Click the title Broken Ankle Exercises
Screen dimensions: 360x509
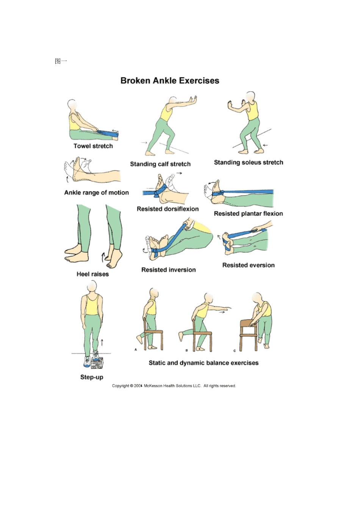[x=170, y=80]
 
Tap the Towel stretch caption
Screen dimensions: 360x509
[x=93, y=146]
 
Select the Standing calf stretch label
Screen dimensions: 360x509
[x=160, y=164]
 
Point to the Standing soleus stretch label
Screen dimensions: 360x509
[x=249, y=162]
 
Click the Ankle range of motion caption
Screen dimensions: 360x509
[x=96, y=192]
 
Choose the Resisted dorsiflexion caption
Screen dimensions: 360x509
[x=167, y=209]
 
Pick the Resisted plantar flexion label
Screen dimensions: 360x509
[x=248, y=214]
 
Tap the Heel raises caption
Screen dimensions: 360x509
[x=92, y=274]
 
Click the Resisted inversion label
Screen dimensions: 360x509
[x=169, y=270]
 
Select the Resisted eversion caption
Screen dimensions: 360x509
[x=248, y=265]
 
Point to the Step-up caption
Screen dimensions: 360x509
[x=92, y=377]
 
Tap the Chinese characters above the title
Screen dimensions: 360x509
[x=61, y=61]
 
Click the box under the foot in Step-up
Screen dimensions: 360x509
[x=97, y=363]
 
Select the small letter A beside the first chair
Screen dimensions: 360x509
[x=136, y=350]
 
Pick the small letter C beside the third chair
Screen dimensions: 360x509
[x=235, y=351]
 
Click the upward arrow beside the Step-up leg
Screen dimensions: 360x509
[x=102, y=342]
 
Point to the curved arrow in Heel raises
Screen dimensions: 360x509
[x=103, y=257]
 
